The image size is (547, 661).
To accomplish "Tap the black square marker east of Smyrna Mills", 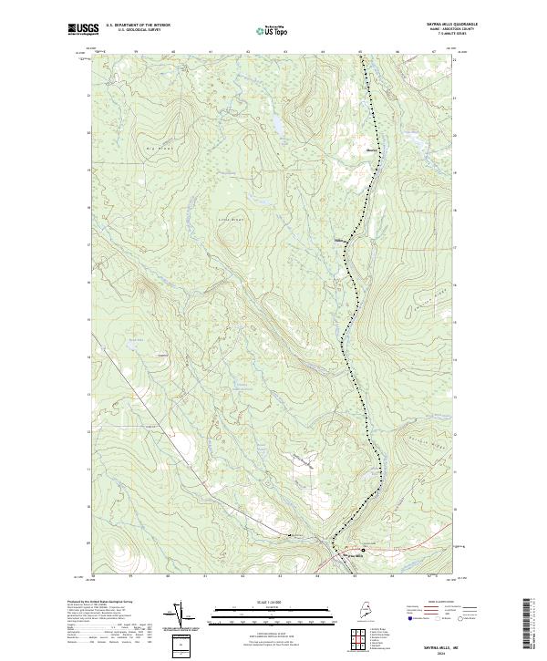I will pos(362,551).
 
